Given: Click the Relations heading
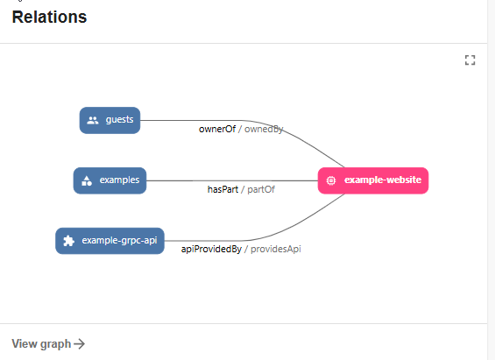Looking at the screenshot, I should coord(49,18).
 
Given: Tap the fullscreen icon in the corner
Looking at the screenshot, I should coord(470,60).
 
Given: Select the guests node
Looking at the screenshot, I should coord(110,120).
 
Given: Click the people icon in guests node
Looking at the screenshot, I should coord(93,120).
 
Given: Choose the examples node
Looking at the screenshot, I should coord(110,180).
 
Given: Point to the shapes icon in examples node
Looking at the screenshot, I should coord(87,181).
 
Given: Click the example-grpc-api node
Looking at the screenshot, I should coord(110,241).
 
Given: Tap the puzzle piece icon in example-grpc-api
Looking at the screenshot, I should coord(69,241).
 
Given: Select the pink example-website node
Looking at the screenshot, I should coord(373,180).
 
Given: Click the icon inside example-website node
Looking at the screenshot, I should coord(331,180).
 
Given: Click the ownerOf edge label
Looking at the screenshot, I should coord(217,129).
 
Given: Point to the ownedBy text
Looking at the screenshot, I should coord(264,129).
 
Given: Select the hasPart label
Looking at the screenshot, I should coord(223,189).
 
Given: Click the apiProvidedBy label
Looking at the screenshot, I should coord(210,250).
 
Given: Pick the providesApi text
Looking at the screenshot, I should coord(276,250).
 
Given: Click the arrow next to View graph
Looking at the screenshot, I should coord(80,344).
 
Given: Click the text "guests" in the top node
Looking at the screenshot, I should coord(119,120).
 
